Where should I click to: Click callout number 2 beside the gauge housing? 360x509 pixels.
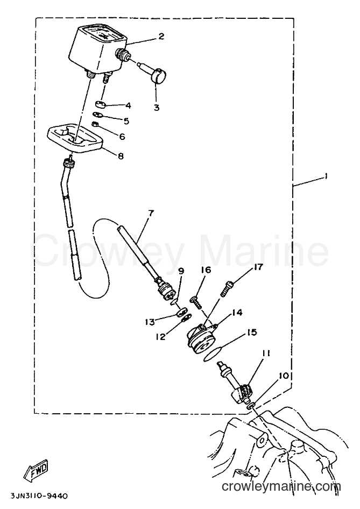pos(161,36)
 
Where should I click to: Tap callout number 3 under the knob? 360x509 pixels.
pos(157,108)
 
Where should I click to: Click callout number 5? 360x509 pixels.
pos(126,121)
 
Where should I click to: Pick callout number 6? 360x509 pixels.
pos(122,136)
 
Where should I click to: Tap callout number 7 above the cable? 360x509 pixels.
pos(151,213)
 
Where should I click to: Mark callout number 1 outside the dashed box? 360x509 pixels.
pos(325,176)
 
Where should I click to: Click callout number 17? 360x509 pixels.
pos(258,267)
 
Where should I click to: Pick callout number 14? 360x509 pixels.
pos(237,313)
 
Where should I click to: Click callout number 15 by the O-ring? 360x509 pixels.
pos(252,333)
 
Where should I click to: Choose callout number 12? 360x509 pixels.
pos(160,337)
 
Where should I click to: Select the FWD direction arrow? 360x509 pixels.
pos(36,469)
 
